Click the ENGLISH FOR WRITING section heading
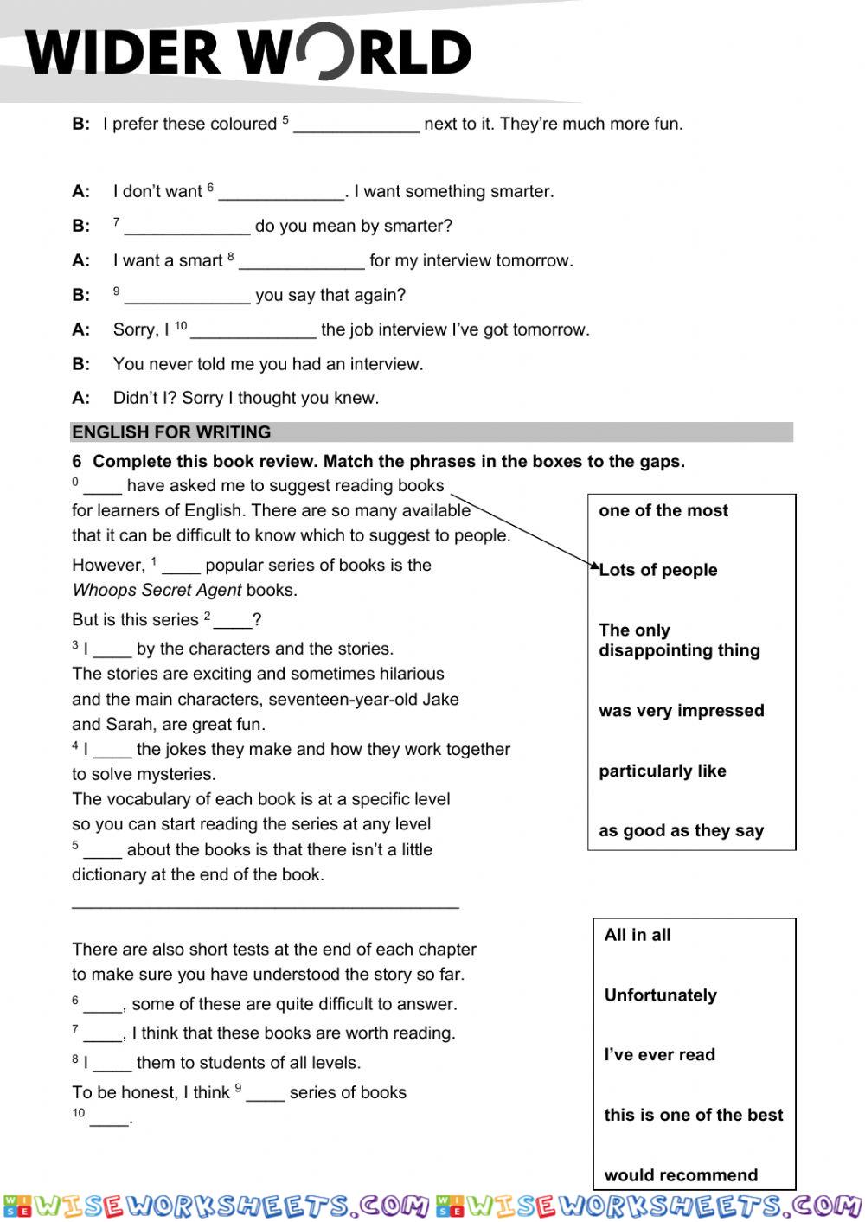(171, 432)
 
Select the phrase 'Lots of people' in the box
(658, 570)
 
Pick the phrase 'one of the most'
(663, 510)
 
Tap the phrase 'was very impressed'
(682, 711)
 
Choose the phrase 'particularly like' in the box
(663, 771)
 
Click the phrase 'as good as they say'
(682, 831)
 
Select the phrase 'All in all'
(638, 935)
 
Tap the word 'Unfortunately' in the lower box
(661, 995)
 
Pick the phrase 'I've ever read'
(660, 1055)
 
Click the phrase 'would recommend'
(681, 1175)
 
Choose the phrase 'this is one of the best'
(694, 1116)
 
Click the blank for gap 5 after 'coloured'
(356, 126)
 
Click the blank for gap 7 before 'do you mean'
(187, 228)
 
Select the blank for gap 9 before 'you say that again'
(187, 298)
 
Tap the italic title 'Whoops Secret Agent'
(157, 591)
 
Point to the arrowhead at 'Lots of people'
(595, 567)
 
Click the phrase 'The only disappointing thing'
(679, 641)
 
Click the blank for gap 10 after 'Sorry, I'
(253, 332)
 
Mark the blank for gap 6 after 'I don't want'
(281, 194)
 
